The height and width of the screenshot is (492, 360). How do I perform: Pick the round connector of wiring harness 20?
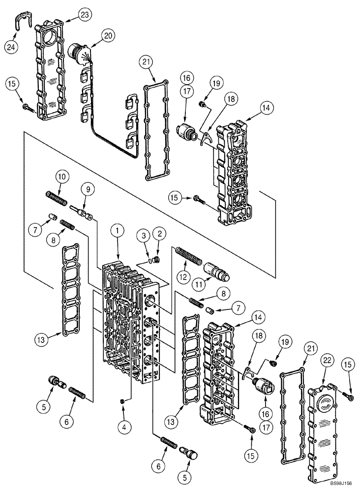point(78,53)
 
